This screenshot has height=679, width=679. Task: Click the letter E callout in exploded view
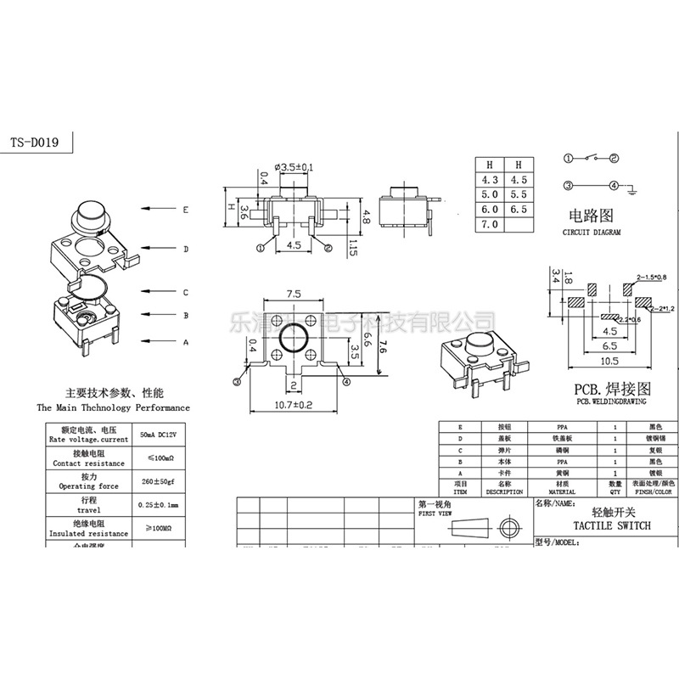point(185,209)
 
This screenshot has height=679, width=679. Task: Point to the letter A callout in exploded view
point(185,342)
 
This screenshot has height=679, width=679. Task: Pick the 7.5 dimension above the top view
point(294,293)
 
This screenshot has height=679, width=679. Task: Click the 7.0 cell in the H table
point(489,224)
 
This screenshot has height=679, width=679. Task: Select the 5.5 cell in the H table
point(518,194)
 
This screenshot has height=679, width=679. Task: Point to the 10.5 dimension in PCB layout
point(610,362)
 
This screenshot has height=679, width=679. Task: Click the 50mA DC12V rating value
point(159,435)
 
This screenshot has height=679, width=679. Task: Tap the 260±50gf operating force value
point(159,482)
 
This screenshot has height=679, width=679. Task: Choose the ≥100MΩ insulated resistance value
point(159,528)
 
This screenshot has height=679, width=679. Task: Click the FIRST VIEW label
point(434,514)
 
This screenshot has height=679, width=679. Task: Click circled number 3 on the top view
point(238,382)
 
